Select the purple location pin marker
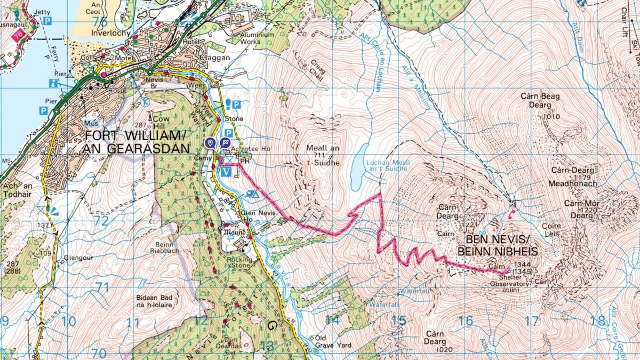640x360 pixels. click(211, 142)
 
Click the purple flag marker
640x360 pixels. click(225, 142)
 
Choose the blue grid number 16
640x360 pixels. click(466, 321)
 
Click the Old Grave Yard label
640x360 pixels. click(333, 342)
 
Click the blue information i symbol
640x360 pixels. click(53, 83)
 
